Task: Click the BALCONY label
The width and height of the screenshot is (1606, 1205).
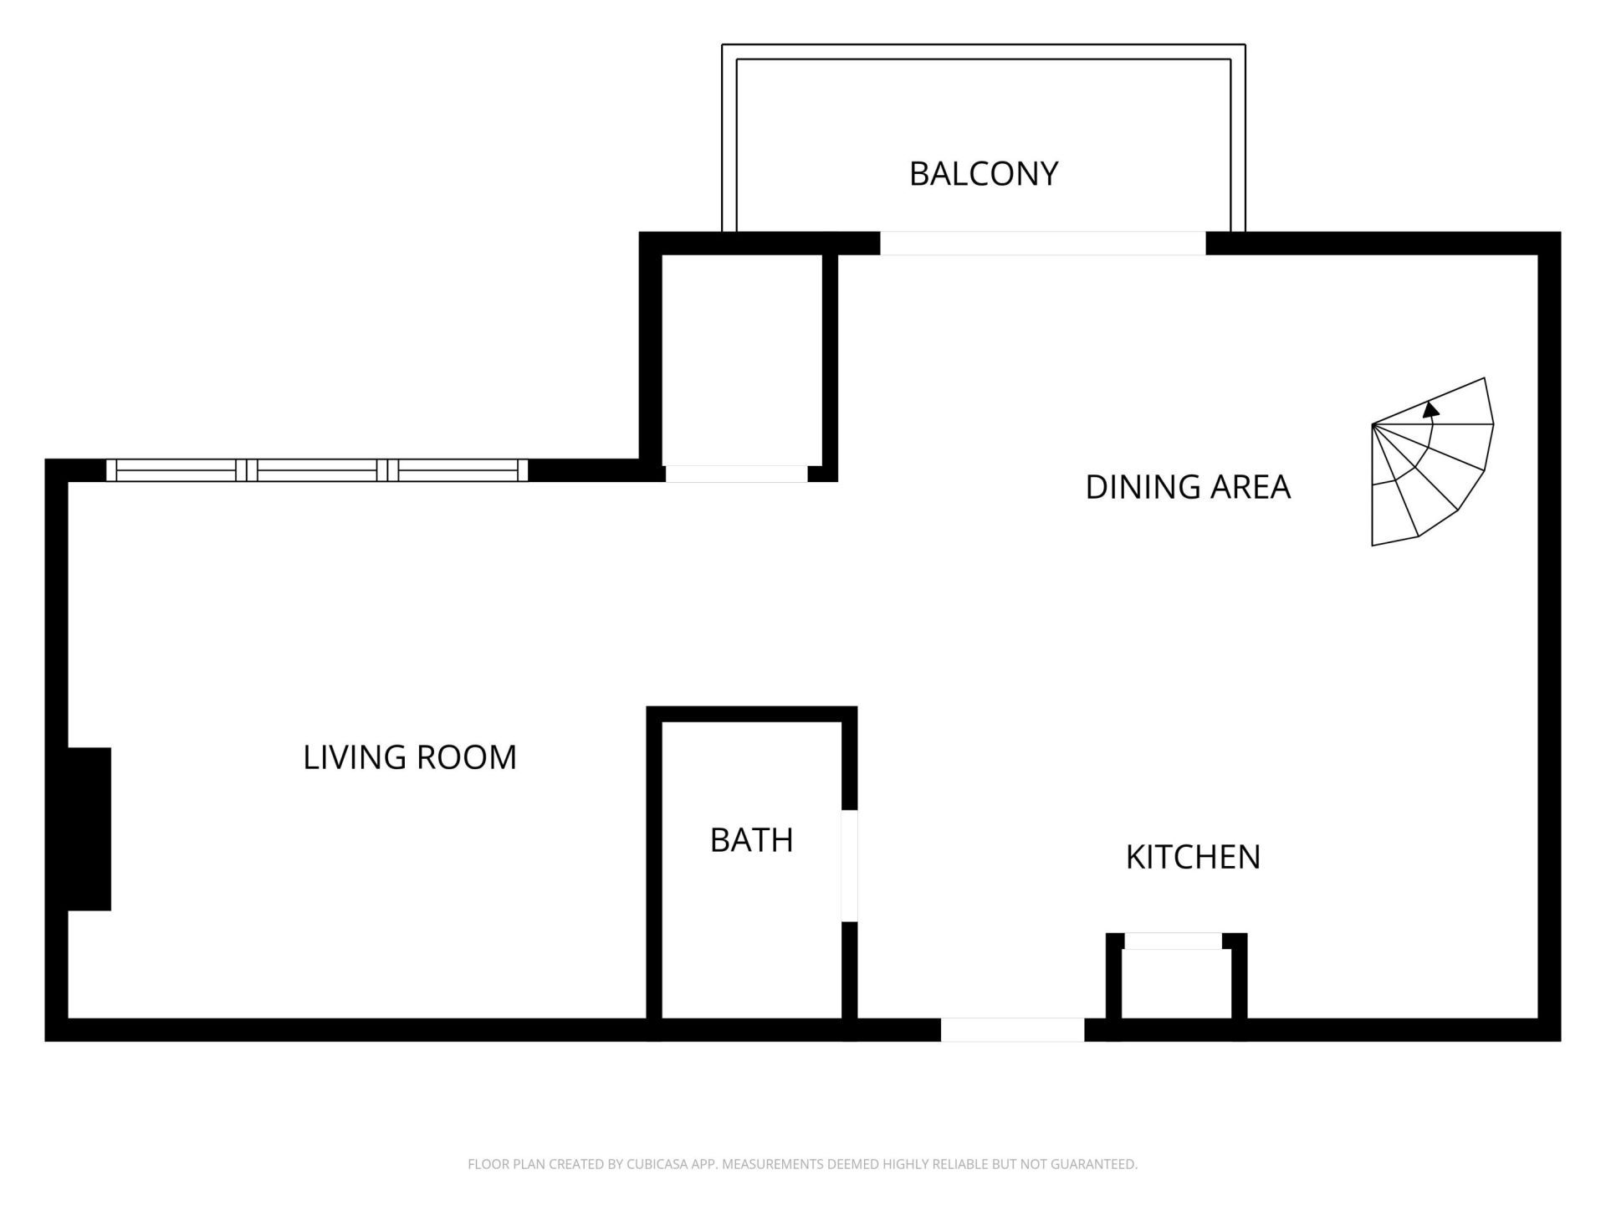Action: (984, 174)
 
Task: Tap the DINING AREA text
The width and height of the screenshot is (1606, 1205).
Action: (1188, 487)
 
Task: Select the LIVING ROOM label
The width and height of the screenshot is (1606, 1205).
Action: (410, 757)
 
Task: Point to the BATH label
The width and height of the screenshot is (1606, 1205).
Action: (751, 840)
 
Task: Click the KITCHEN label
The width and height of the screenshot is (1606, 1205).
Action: (1193, 857)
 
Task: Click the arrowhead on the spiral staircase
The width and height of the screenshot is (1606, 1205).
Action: (1431, 409)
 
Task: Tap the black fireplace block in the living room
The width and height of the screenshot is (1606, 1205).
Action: (89, 828)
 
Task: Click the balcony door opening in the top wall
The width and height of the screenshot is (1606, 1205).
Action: (1042, 244)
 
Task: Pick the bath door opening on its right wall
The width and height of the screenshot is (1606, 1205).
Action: (849, 865)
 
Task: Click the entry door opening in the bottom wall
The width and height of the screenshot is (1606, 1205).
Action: (1012, 1029)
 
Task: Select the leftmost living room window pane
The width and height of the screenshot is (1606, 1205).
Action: (176, 470)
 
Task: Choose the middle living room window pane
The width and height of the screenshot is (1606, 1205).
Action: (317, 470)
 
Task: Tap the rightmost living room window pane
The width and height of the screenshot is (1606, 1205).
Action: (458, 470)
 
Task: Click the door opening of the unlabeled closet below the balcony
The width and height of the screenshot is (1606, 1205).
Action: (736, 474)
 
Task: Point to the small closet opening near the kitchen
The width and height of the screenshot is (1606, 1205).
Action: (1173, 941)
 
